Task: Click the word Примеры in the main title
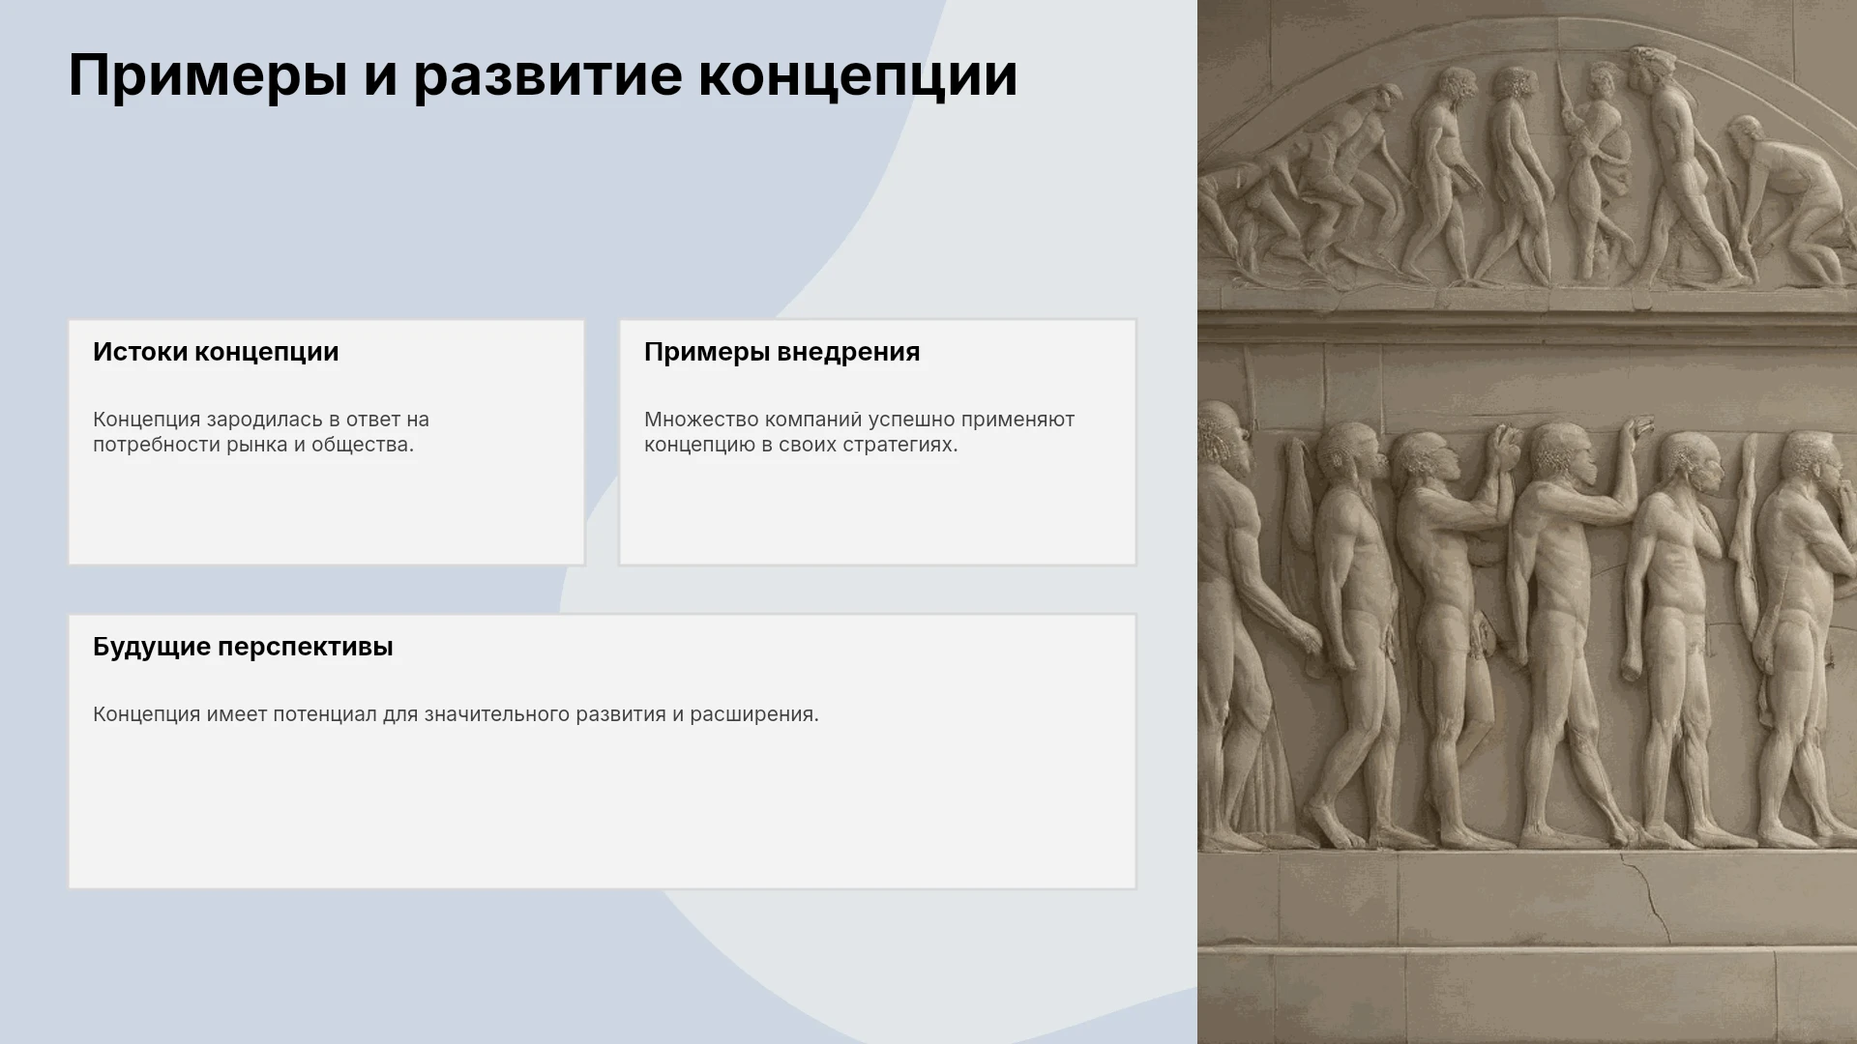pyautogui.click(x=208, y=76)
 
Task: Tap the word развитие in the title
pyautogui.click(x=547, y=76)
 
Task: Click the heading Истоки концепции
pyautogui.click(x=216, y=352)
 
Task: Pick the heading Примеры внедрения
pyautogui.click(x=781, y=352)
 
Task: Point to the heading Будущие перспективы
pyautogui.click(x=243, y=647)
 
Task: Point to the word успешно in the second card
pyautogui.click(x=911, y=420)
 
